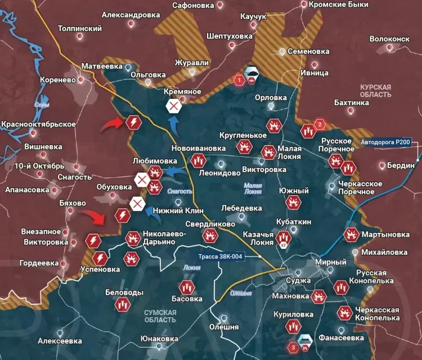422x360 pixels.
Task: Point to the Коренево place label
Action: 57,80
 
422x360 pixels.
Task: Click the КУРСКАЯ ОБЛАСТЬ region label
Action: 376,91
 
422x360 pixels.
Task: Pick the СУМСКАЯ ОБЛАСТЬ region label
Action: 160,316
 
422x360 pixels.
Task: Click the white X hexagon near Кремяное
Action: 174,105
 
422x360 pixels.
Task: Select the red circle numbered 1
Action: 239,80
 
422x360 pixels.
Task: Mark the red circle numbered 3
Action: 293,347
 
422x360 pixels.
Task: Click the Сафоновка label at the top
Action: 194,5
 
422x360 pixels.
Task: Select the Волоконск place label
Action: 389,39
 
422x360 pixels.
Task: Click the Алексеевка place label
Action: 59,341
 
